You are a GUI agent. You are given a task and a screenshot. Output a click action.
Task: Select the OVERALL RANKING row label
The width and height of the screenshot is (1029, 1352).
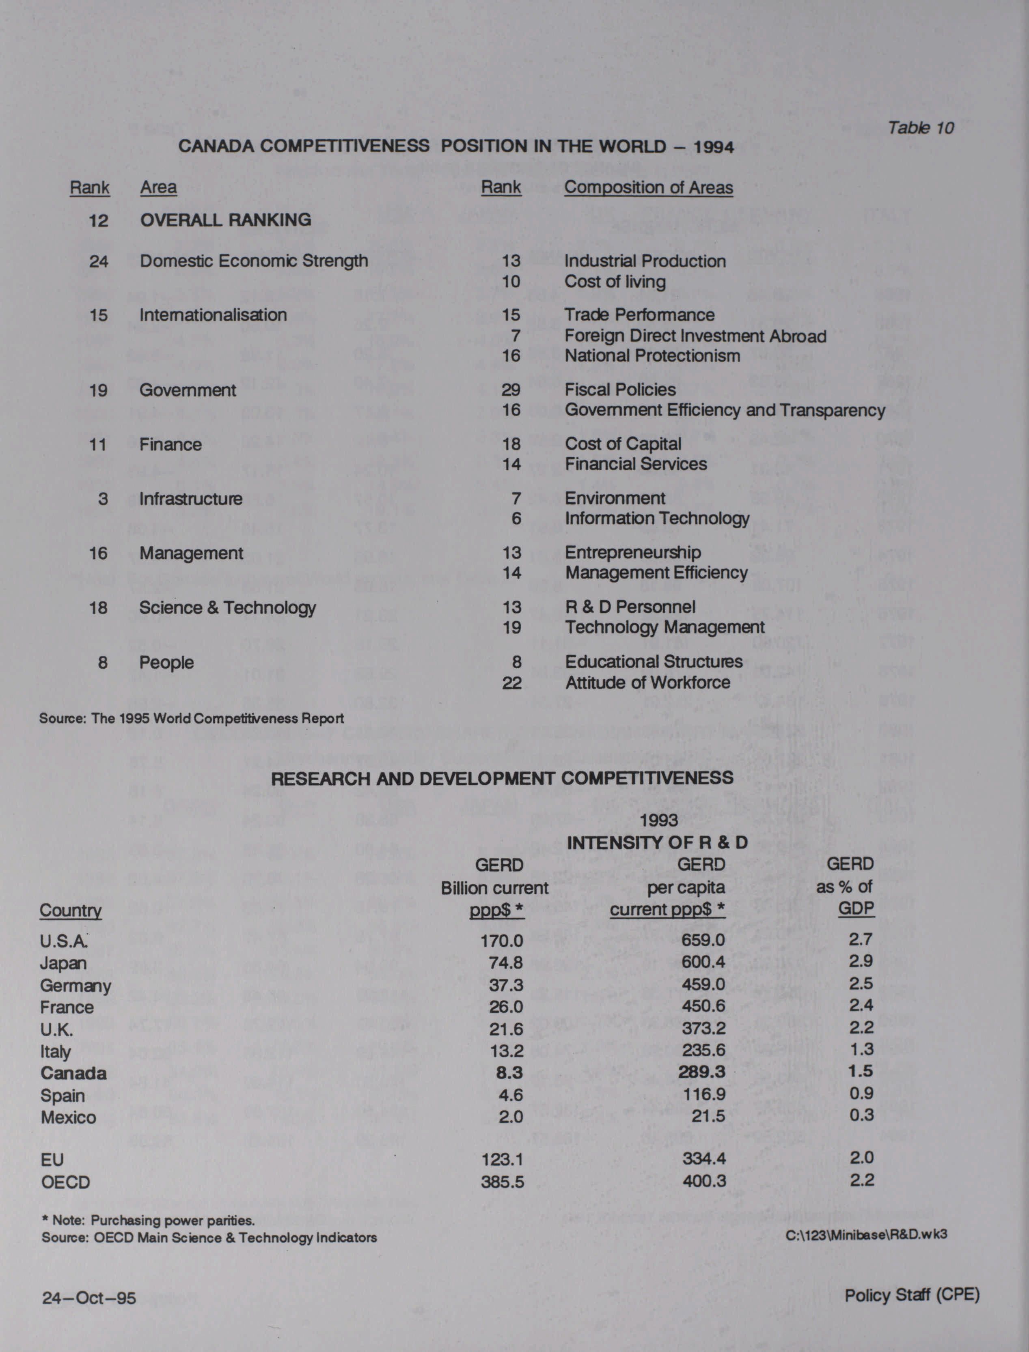click(x=225, y=220)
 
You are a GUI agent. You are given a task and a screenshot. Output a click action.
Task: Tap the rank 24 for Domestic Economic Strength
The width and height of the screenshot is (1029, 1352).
click(x=99, y=261)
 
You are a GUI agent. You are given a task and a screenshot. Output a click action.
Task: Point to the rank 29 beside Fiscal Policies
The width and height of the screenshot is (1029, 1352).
click(x=511, y=390)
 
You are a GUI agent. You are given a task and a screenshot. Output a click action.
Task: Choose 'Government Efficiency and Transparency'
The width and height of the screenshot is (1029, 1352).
click(x=725, y=410)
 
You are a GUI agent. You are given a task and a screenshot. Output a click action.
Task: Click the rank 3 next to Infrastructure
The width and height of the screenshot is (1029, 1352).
click(x=103, y=498)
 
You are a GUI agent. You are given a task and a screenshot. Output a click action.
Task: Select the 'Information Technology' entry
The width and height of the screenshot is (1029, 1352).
click(x=657, y=519)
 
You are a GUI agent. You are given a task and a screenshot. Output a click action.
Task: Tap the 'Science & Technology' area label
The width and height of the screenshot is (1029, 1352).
click(x=227, y=607)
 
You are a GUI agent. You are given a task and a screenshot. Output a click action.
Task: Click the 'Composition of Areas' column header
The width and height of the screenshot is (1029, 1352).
click(x=648, y=187)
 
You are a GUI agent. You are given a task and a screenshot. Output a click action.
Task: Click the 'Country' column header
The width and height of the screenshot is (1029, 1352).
click(x=71, y=911)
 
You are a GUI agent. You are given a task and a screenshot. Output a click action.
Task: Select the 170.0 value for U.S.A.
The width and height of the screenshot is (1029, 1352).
click(x=502, y=940)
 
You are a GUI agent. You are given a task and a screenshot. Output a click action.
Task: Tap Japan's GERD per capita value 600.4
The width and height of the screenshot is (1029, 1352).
click(x=703, y=962)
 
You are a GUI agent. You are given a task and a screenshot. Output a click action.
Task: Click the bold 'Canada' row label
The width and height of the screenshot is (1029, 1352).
click(x=73, y=1073)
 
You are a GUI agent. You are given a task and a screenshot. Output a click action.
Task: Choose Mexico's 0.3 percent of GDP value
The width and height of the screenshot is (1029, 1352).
click(x=861, y=1115)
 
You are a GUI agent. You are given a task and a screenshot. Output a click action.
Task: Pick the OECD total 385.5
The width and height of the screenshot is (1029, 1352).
click(x=502, y=1182)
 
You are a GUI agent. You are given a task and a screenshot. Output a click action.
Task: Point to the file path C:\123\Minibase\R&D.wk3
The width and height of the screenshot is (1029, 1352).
click(x=866, y=1234)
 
